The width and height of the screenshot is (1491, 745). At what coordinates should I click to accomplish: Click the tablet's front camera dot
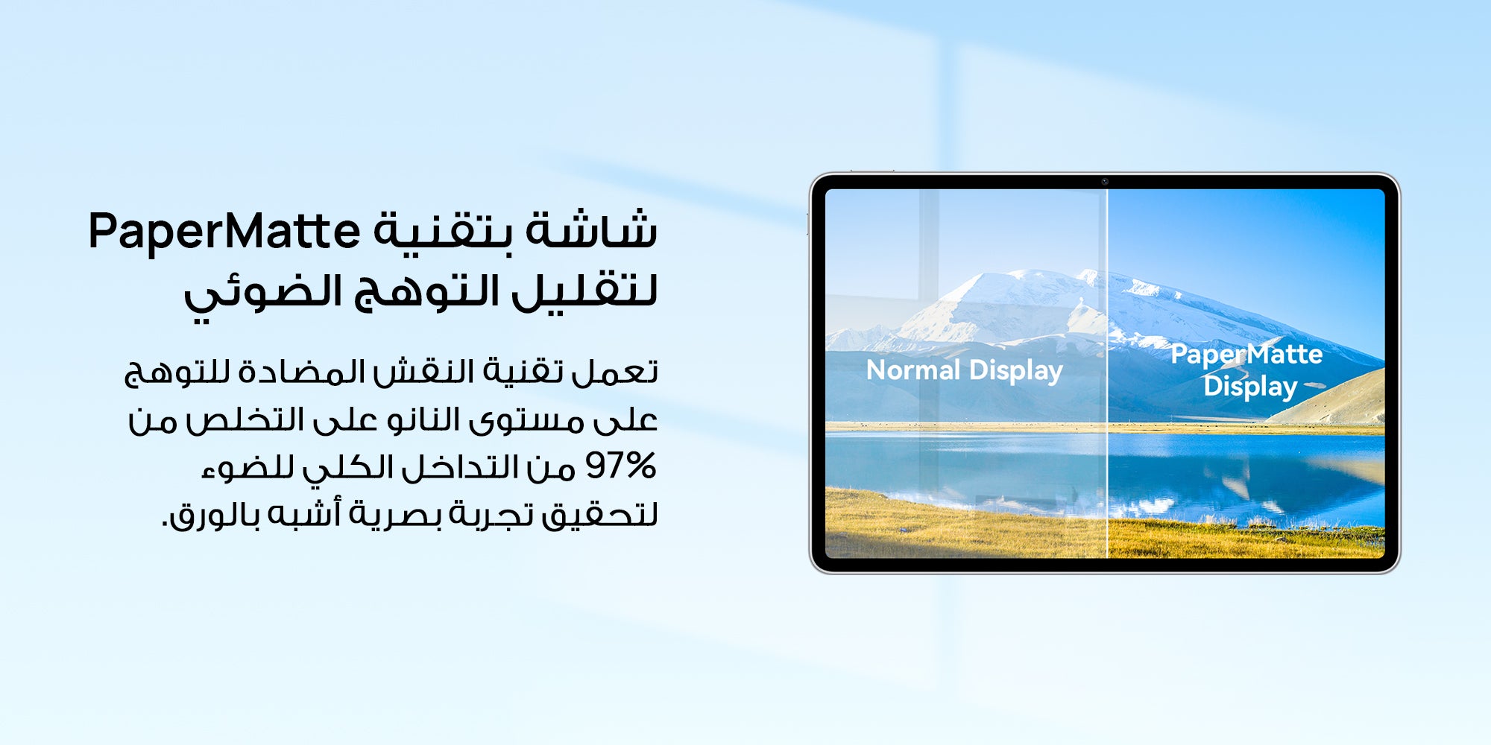tap(1105, 182)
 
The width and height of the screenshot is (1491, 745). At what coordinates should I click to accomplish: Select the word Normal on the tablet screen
tap(913, 370)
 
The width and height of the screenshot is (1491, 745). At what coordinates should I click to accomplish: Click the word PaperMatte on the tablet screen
tap(1246, 355)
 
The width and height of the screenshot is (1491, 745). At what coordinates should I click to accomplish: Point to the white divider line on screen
tap(1108, 373)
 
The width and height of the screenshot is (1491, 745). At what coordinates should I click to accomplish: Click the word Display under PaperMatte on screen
tap(1250, 387)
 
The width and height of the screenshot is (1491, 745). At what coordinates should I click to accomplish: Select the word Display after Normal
tap(1016, 371)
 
